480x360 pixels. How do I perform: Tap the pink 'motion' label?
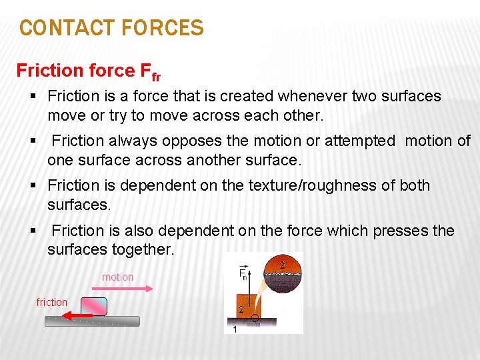117,277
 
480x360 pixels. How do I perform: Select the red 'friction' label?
52,302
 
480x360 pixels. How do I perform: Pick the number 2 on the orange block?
240,309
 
